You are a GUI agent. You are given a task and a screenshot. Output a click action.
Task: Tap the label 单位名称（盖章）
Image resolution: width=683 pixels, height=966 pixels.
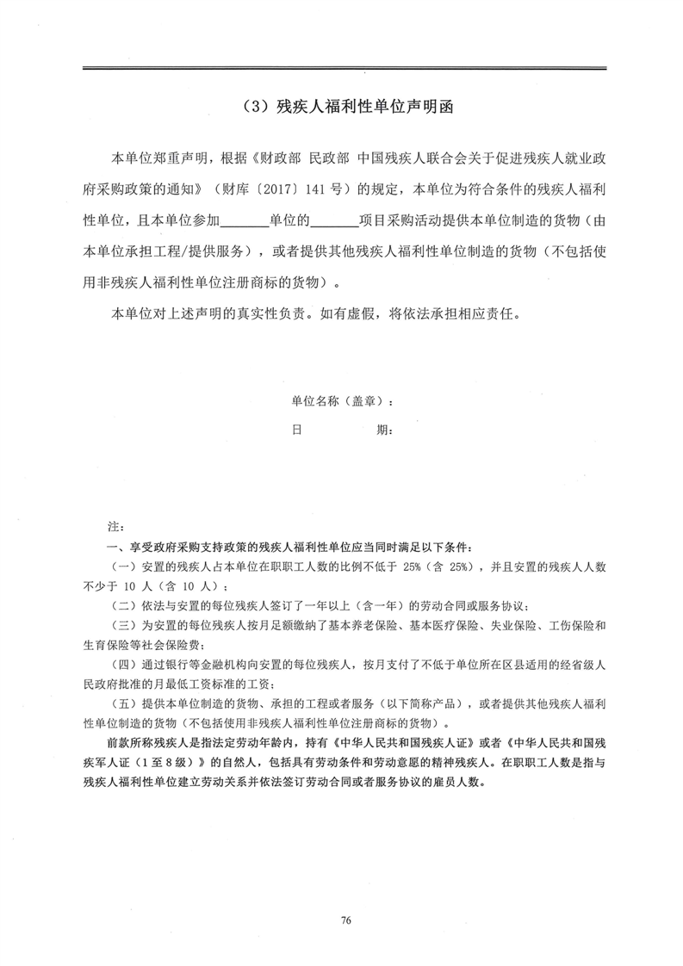tap(344, 401)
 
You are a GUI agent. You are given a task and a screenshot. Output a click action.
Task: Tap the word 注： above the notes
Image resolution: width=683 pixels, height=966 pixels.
tap(115, 524)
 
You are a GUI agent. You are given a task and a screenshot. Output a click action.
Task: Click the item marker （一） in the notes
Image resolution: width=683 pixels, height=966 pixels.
tap(125, 566)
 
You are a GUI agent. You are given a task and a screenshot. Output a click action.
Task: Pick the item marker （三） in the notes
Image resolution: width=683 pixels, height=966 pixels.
tap(125, 624)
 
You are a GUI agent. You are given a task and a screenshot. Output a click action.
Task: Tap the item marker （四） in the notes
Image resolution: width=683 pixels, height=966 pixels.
tap(125, 664)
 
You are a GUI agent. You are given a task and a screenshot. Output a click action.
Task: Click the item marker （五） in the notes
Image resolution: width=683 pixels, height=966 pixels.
tap(125, 703)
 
